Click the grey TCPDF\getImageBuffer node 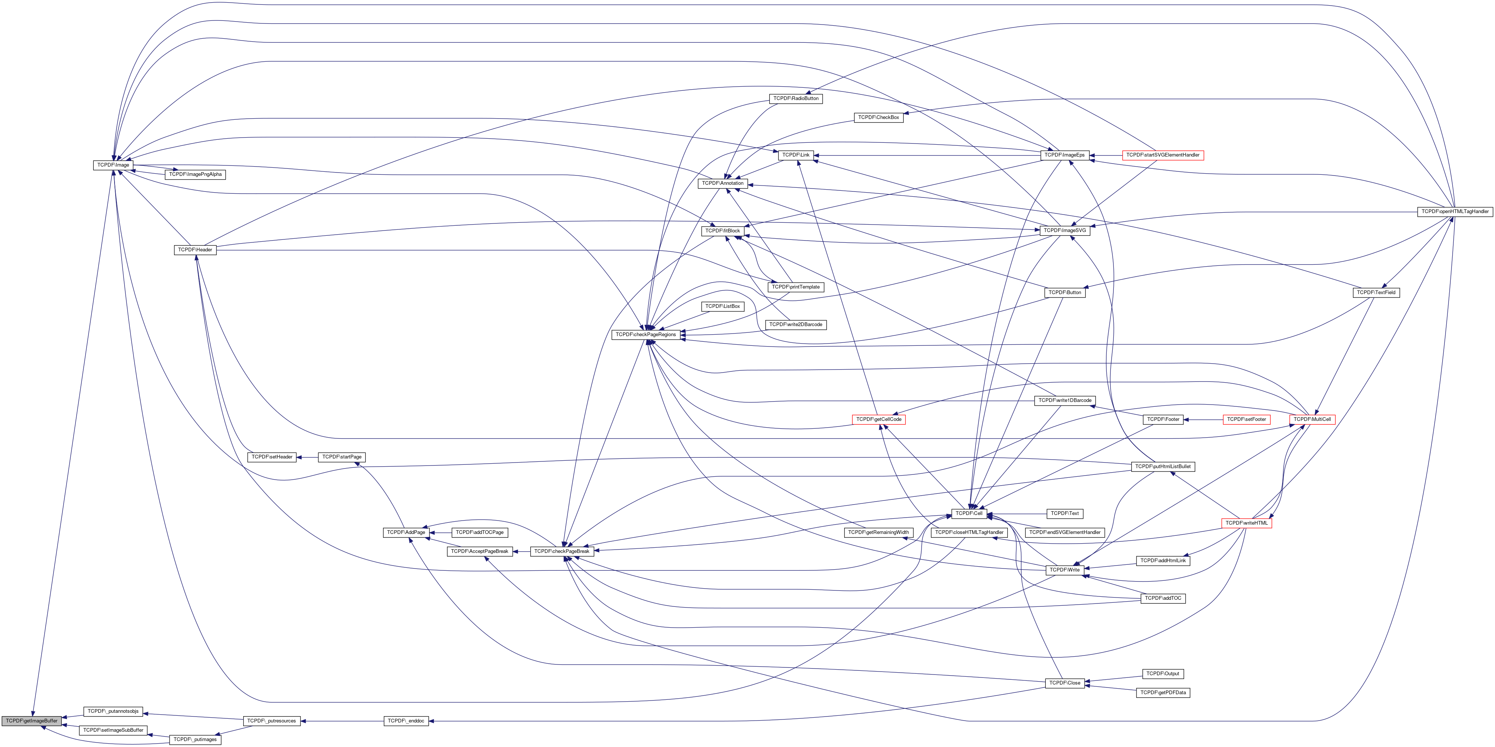(31, 721)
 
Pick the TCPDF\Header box (195, 249)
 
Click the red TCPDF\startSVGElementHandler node (1164, 155)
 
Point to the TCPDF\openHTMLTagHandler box (1454, 212)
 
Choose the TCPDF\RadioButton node (796, 99)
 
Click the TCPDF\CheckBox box (879, 117)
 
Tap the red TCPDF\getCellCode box (879, 419)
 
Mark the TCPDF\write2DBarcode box (796, 325)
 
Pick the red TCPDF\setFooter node (1246, 419)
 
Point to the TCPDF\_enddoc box (406, 721)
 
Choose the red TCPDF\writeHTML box (1247, 523)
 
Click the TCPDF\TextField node (1376, 293)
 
